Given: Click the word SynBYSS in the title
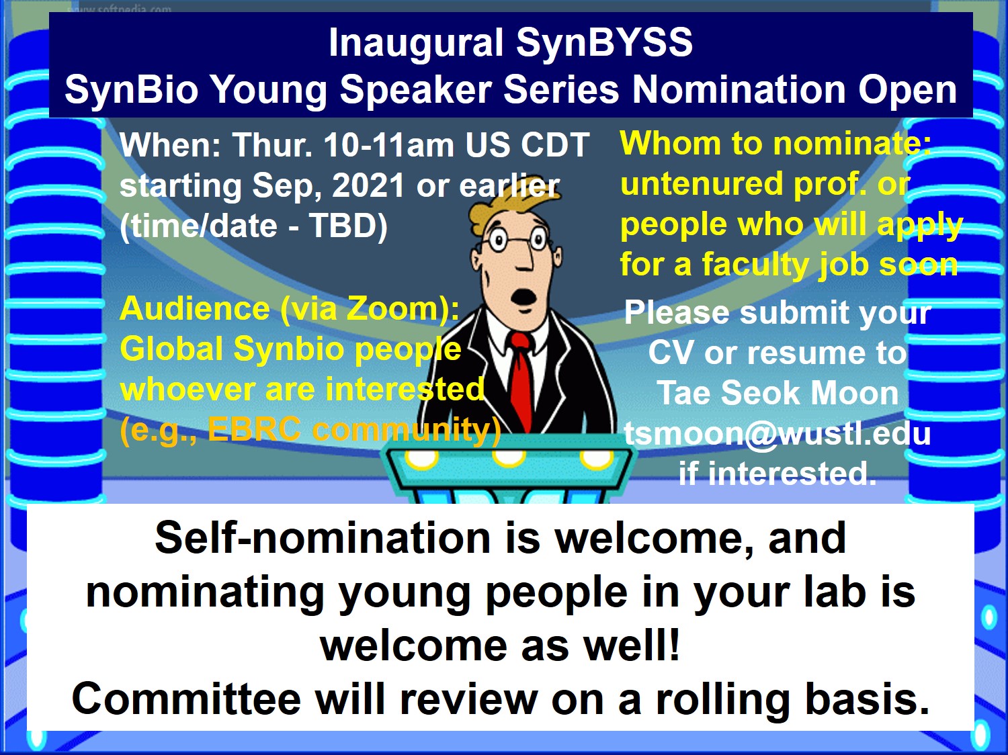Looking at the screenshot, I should point(604,43).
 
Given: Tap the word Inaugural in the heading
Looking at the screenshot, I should point(416,43).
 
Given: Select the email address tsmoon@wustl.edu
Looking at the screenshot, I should point(777,434).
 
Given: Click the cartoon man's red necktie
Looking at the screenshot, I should point(520,383).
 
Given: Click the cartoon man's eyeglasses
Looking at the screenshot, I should point(517,240).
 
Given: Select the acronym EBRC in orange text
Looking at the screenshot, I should point(254,430).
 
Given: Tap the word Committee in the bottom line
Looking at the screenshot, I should point(186,699).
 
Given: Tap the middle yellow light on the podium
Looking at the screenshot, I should point(509,458).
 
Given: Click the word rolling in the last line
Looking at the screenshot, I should point(723,699).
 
